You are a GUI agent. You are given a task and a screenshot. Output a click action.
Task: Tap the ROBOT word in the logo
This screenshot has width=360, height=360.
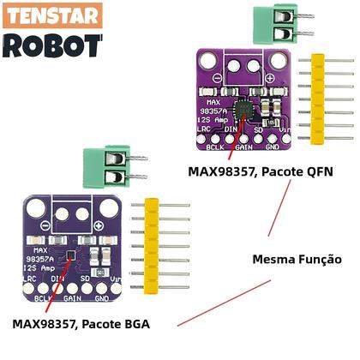point(52,45)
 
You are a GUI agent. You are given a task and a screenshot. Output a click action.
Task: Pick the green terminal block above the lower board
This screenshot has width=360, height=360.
point(98,168)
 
